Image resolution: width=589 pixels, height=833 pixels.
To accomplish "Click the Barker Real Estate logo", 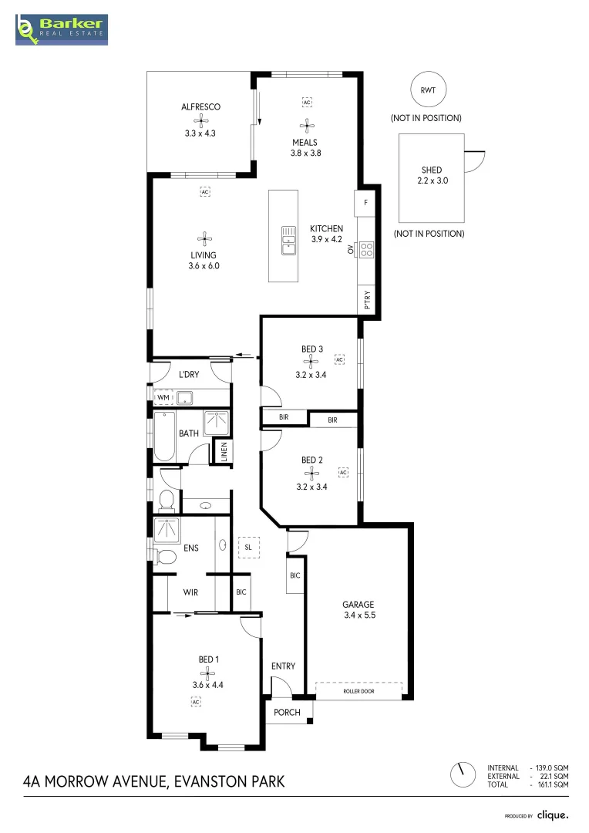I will coord(62,29).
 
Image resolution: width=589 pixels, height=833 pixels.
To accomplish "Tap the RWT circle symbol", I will coord(427,90).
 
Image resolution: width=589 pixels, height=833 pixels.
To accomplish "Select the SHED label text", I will coord(432,170).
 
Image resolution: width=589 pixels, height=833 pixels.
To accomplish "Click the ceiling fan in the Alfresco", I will coord(201,120).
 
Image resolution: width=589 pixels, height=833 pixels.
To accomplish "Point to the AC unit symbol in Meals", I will coord(307,102).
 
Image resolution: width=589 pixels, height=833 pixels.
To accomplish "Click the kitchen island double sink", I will coord(288,240).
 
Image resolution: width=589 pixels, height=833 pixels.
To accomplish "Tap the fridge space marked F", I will coord(365,204).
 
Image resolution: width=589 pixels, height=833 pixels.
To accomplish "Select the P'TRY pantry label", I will coord(368,298).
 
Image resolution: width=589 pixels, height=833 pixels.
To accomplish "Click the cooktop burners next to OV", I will coord(366,249).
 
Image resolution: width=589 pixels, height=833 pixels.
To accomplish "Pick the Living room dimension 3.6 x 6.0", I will coord(204,266).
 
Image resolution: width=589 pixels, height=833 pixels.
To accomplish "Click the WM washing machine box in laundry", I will coord(163,398).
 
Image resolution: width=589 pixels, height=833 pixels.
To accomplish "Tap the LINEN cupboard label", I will coord(224,452).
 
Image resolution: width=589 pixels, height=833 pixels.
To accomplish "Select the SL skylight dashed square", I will coord(248,547).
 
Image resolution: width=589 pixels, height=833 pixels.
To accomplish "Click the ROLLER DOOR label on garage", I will coord(358,692).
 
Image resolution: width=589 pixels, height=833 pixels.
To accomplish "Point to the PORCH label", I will coord(288,712).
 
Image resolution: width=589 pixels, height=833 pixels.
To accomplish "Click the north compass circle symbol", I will coord(463,774).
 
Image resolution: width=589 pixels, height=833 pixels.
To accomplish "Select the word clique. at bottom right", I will coord(553,815).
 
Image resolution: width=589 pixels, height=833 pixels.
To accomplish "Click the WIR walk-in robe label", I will coord(191,593).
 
